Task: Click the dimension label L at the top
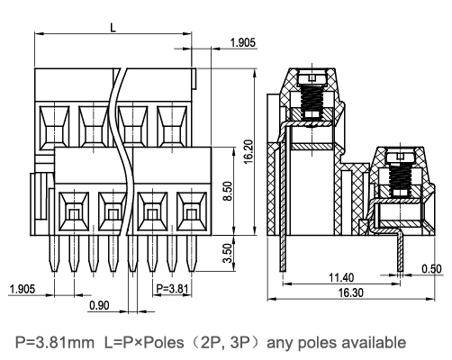tap(113, 26)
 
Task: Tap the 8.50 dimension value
tap(230, 191)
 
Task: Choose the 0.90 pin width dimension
tap(102, 307)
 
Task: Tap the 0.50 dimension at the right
tap(431, 268)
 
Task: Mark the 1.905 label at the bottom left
tap(22, 289)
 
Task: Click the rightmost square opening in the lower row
tap(190, 212)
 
